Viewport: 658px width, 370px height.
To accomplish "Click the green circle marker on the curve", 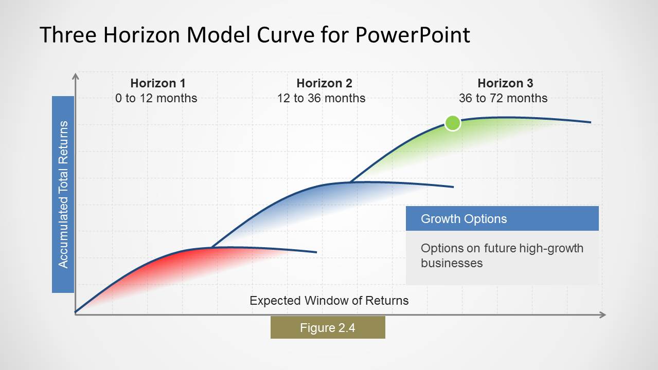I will [452, 123].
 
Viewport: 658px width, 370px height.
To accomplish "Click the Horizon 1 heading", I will [157, 83].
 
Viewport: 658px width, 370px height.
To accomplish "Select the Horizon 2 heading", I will [324, 83].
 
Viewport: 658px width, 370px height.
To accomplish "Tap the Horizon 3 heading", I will [505, 83].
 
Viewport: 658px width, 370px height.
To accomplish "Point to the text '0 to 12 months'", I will [156, 98].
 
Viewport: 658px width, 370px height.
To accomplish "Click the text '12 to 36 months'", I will [321, 98].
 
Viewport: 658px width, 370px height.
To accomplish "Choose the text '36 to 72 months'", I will [503, 98].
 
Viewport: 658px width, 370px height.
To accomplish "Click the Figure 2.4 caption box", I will [328, 327].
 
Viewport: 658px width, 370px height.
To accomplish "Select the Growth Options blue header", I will [502, 218].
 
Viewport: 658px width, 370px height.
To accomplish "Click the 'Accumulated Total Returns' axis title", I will [63, 194].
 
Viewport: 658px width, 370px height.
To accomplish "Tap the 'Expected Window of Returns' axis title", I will [329, 301].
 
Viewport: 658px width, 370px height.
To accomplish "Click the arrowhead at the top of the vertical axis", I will [76, 77].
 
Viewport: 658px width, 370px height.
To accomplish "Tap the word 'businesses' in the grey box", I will [451, 263].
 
